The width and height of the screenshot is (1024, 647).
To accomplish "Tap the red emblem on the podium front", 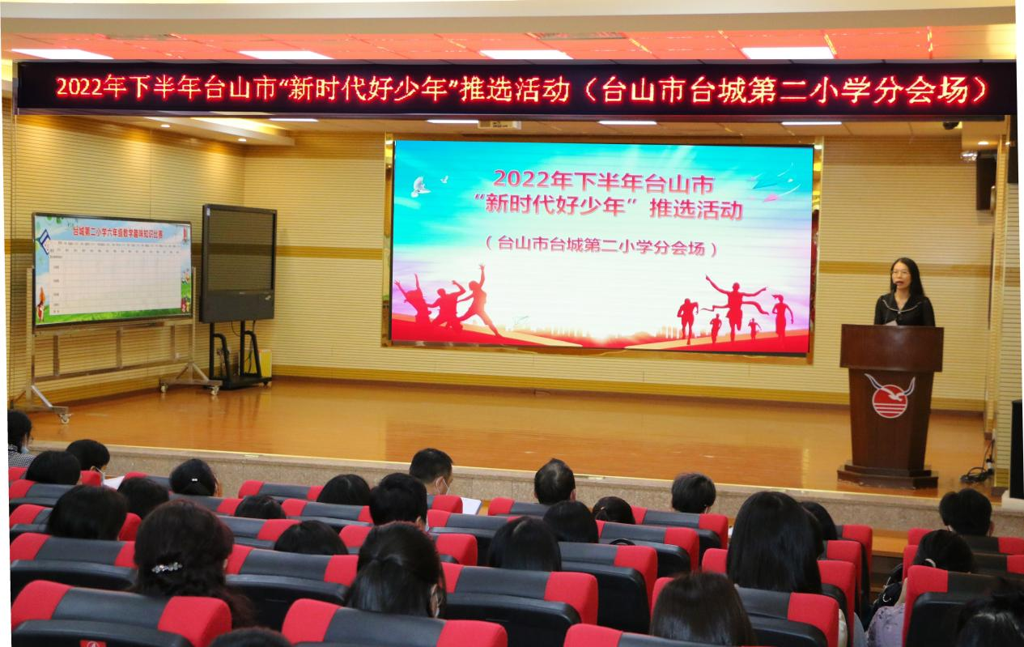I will tap(890, 394).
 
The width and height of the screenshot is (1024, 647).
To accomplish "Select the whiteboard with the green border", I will tap(112, 270).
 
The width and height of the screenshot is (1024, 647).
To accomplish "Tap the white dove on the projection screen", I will tap(420, 187).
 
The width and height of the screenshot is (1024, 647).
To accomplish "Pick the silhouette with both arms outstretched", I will tap(734, 304).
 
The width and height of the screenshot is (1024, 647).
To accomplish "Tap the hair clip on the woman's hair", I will tap(167, 567).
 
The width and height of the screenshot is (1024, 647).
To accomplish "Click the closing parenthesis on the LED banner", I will tap(980, 91).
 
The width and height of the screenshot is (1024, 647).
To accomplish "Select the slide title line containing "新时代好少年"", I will tap(613, 208).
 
